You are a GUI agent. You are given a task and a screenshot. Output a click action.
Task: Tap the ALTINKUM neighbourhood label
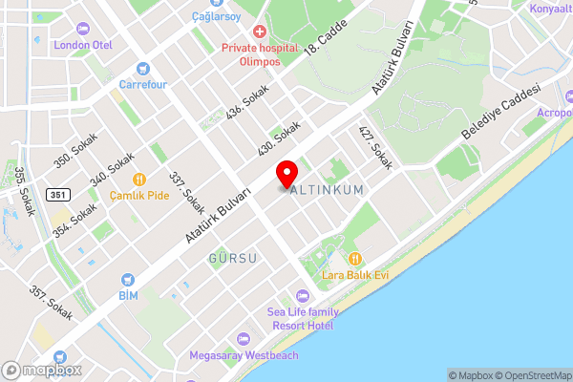click(327, 190)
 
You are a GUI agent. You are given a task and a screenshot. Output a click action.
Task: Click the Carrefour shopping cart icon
click(143, 68)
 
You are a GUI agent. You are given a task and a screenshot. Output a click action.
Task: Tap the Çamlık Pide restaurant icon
click(138, 179)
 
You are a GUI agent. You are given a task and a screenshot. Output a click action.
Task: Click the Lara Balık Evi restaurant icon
click(355, 259)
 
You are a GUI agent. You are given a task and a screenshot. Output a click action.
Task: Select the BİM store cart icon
click(127, 280)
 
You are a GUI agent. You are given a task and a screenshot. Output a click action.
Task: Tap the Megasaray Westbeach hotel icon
click(244, 339)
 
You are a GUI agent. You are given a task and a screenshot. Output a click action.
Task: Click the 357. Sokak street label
click(50, 303)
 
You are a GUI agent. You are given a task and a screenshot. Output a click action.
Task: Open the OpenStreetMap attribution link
click(530, 375)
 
